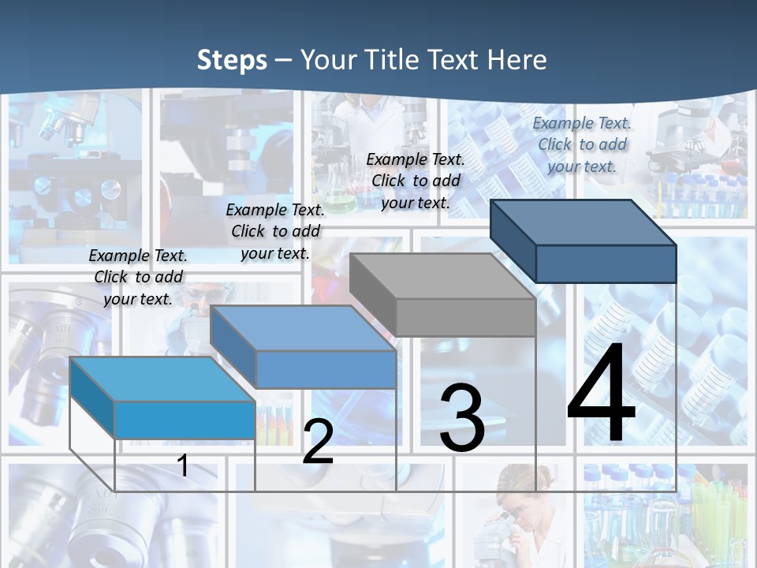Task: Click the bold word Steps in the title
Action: (x=232, y=60)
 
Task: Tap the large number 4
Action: (x=601, y=394)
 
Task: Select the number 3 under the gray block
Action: (x=461, y=418)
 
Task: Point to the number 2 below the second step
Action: (x=318, y=442)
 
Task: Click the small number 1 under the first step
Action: (x=183, y=465)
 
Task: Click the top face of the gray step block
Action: (x=442, y=276)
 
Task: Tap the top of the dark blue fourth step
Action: (x=584, y=222)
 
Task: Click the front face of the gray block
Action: (x=465, y=318)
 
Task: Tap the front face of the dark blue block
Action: (x=606, y=263)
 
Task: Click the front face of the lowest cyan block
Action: (x=185, y=420)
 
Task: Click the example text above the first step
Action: (x=138, y=277)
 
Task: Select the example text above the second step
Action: (x=275, y=231)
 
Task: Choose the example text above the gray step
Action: (x=416, y=181)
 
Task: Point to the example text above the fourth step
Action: (x=582, y=144)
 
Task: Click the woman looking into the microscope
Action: (x=516, y=513)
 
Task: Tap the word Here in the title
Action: (x=517, y=60)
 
